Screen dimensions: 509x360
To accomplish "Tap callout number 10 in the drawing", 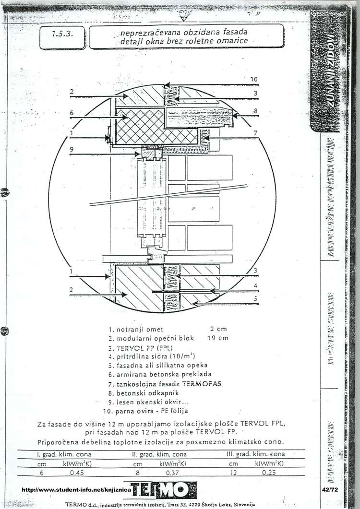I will pos(254,79).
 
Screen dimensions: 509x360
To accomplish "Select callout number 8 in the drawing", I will pos(256,111).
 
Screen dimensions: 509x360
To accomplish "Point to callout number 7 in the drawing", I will pos(256,132).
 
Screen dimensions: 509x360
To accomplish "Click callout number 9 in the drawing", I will pos(71,149).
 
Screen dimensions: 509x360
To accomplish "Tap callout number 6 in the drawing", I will pos(71,113).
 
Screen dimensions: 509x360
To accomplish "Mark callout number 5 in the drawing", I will pos(256,298).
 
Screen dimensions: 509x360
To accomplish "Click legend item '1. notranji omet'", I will pos(136,330).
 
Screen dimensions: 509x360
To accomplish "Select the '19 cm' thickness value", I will pos(219,338).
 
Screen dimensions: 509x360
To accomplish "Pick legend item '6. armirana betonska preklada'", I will pos(160,374).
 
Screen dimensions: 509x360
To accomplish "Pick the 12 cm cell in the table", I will pos(233,472).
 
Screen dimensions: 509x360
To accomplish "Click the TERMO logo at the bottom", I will pos(164,490).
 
